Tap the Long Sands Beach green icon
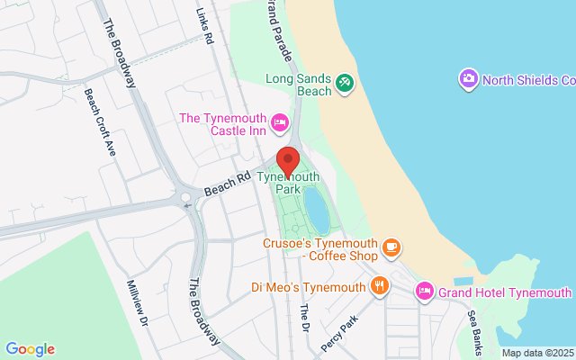344,83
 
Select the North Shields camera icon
468,79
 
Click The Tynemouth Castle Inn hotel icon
279,121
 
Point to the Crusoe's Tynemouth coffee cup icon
391,246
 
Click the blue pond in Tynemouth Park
317,210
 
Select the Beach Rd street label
226,186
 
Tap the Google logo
30,349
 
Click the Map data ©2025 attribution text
537,353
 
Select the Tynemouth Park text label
287,183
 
